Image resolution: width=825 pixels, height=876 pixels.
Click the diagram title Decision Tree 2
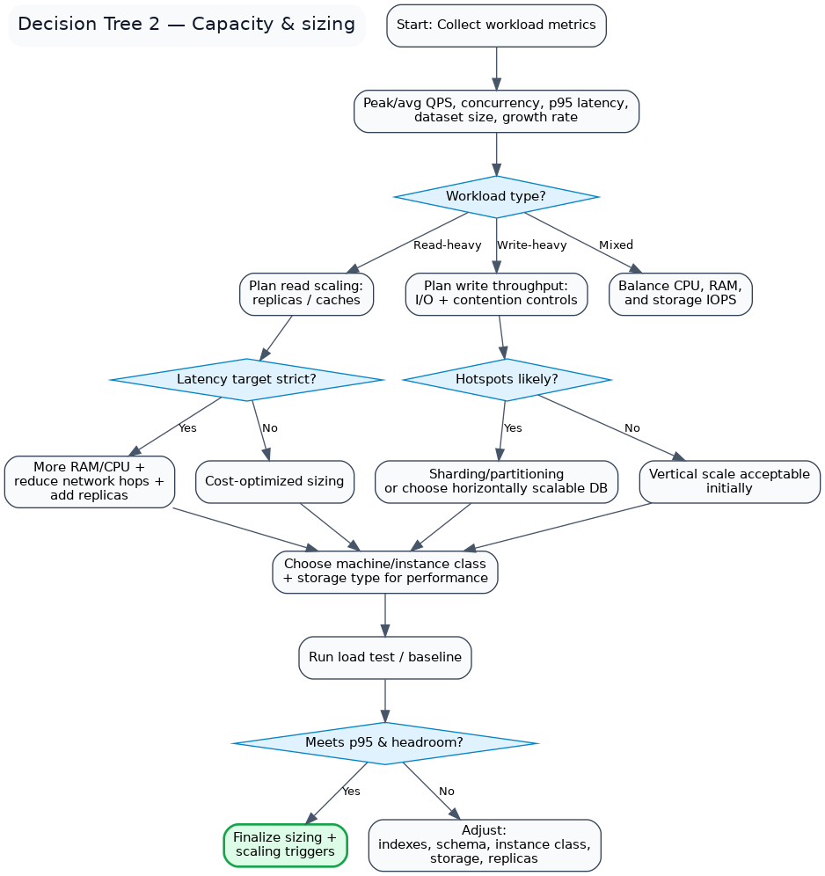click(186, 25)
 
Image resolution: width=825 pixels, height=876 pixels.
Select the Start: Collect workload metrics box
click(496, 26)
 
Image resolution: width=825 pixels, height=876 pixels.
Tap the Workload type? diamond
click(496, 196)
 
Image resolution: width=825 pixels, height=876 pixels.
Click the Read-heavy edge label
click(447, 245)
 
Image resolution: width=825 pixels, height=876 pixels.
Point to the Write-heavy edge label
click(531, 245)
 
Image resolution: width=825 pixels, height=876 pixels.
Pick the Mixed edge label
click(616, 245)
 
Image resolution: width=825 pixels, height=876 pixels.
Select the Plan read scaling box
click(306, 294)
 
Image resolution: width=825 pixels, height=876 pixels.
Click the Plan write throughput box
click(496, 294)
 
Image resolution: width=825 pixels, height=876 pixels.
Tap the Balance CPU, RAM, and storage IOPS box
click(680, 294)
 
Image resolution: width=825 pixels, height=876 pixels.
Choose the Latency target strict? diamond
click(246, 380)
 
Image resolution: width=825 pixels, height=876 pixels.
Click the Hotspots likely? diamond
click(507, 380)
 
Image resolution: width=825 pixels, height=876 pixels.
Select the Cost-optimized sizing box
click(274, 481)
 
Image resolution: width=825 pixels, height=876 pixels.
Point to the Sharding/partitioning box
click(497, 481)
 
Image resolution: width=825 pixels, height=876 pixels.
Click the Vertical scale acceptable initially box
click(729, 481)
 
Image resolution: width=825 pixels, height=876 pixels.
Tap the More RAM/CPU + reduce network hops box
click(89, 481)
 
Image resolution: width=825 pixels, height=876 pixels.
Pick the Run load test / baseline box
click(384, 657)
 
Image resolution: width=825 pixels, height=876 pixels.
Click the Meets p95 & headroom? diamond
click(384, 743)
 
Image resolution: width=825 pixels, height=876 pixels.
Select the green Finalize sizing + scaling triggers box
click(285, 844)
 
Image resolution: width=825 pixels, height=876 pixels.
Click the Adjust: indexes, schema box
click(484, 844)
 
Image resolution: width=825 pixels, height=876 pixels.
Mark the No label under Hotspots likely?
click(632, 428)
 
